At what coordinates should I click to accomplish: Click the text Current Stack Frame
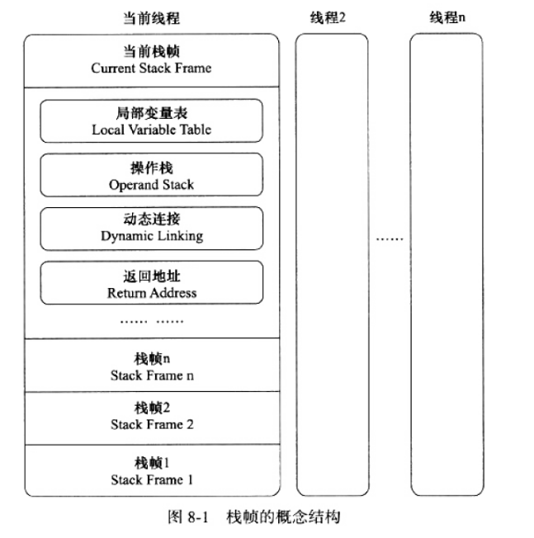(151, 68)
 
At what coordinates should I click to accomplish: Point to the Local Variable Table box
(152, 120)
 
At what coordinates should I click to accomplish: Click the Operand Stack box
(152, 175)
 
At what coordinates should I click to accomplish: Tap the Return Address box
(152, 283)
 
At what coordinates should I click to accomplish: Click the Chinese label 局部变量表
(152, 113)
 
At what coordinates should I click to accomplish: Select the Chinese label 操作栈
(152, 168)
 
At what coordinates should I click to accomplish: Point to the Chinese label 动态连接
(152, 219)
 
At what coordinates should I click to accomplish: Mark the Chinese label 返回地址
(152, 276)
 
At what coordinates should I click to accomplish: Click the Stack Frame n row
(152, 366)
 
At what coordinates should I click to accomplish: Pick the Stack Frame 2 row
(152, 417)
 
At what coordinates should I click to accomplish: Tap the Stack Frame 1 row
(152, 471)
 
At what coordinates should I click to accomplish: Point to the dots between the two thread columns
(389, 238)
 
